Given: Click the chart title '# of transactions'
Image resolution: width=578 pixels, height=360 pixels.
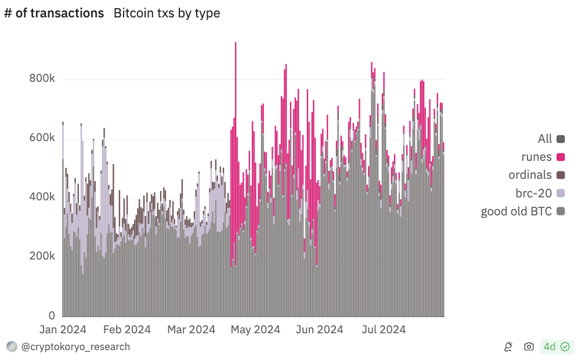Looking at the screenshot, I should pos(54,13).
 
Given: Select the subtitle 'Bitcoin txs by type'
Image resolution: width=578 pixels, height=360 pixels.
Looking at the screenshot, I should pos(167,13).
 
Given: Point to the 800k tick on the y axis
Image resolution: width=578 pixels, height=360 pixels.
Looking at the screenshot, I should pos(42,79).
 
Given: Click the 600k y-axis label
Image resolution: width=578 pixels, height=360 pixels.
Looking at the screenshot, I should pos(42,138).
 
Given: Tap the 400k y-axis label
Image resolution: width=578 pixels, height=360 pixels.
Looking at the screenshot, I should pos(42,197).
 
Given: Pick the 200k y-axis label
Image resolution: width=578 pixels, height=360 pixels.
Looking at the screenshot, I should pos(42,257).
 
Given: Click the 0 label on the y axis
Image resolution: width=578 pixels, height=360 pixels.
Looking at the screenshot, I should pos(51,316).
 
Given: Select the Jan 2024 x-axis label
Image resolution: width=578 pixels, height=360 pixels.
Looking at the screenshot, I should pos(63,330).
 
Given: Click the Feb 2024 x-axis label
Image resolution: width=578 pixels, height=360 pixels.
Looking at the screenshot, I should pos(127,330).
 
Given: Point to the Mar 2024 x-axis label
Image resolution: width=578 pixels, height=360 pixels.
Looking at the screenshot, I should pos(191,330).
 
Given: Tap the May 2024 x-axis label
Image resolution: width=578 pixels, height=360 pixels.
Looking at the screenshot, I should pos(255,330).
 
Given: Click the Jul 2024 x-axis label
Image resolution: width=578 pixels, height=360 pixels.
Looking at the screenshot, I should pos(384,330).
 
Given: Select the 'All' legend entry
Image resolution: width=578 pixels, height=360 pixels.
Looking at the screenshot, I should pos(545,139).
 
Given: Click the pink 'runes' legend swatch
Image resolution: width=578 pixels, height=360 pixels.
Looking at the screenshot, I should pos(561,157).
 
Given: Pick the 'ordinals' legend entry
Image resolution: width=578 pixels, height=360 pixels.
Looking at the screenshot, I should pos(530,175).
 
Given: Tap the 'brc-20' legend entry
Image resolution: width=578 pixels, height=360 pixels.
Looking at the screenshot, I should pos(533,193).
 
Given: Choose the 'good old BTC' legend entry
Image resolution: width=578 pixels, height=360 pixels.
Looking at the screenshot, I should pos(516,211).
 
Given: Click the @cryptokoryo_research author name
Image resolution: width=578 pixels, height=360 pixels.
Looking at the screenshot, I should pos(75,347).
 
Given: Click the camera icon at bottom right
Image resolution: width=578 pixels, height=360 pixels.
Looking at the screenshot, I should pos(529,347).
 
